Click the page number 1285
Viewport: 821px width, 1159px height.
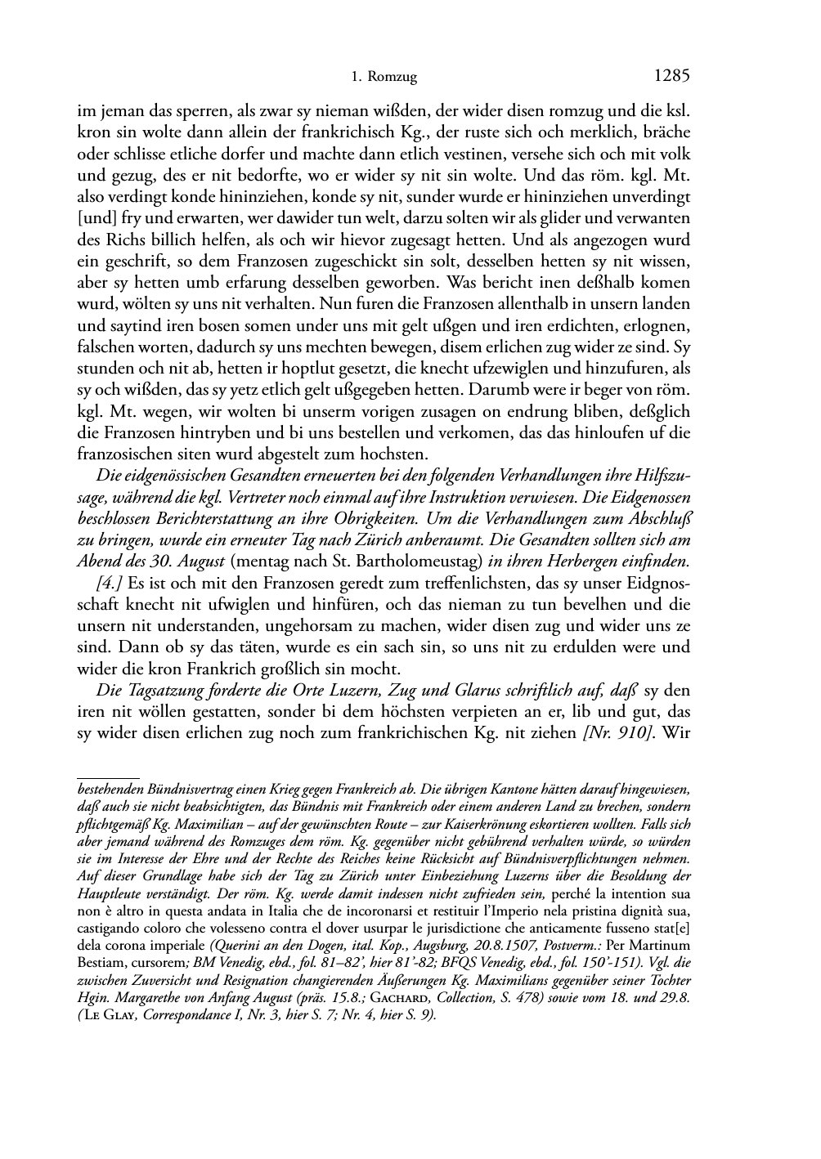tap(673, 77)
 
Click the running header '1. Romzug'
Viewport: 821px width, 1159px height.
tap(384, 78)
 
